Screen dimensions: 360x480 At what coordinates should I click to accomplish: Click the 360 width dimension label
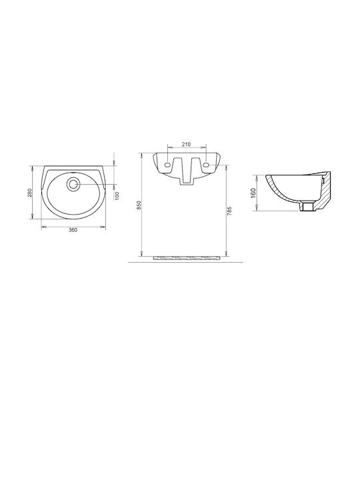[x=73, y=230]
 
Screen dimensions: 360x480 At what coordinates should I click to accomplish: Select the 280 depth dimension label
[x=30, y=193]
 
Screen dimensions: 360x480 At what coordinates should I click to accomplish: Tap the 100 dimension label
[x=117, y=195]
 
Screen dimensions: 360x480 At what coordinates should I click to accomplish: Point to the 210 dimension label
[x=186, y=144]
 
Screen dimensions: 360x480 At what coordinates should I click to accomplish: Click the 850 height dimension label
[x=139, y=205]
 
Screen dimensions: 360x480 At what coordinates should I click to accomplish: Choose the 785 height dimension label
[x=229, y=211]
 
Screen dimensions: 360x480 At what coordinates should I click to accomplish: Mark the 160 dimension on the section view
[x=253, y=193]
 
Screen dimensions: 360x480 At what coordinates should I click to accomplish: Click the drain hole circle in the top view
[x=73, y=184]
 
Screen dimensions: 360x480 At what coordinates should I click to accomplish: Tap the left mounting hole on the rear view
[x=167, y=165]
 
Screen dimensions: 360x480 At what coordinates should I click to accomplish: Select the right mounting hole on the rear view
[x=206, y=165]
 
